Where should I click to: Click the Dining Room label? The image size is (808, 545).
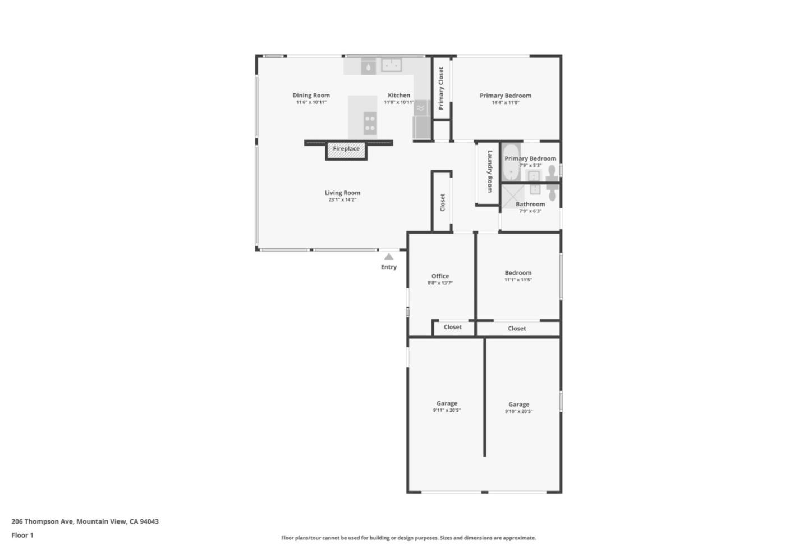pos(311,96)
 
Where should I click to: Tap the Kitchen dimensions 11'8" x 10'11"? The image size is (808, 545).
pos(398,102)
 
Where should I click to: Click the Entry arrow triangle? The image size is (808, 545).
pos(389,257)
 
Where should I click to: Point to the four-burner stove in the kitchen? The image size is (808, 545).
pos(370,123)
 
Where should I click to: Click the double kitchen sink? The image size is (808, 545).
pos(392,65)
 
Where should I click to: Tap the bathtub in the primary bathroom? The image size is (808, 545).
pos(510,163)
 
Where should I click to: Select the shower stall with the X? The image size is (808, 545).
pos(512,196)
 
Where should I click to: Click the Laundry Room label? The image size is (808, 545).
pos(489,171)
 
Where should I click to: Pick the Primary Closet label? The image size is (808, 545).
pos(441,88)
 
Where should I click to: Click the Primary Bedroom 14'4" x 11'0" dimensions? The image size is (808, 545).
pos(505,103)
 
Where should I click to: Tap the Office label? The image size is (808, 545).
pos(440,276)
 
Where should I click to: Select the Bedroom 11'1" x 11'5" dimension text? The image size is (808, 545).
pos(518,280)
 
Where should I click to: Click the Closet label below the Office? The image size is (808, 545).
pos(453,327)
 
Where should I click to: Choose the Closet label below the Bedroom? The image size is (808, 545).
pos(517,329)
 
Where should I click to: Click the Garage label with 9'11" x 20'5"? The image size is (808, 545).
pos(447,403)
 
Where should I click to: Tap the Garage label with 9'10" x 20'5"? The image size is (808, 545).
pos(518,405)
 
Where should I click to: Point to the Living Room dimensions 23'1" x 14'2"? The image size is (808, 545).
pos(342,200)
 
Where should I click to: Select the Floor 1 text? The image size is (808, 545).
pos(22,535)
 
